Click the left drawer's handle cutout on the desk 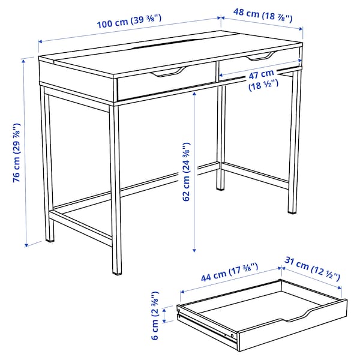click(166, 74)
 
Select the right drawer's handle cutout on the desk click(257, 57)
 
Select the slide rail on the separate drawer click(204, 325)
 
